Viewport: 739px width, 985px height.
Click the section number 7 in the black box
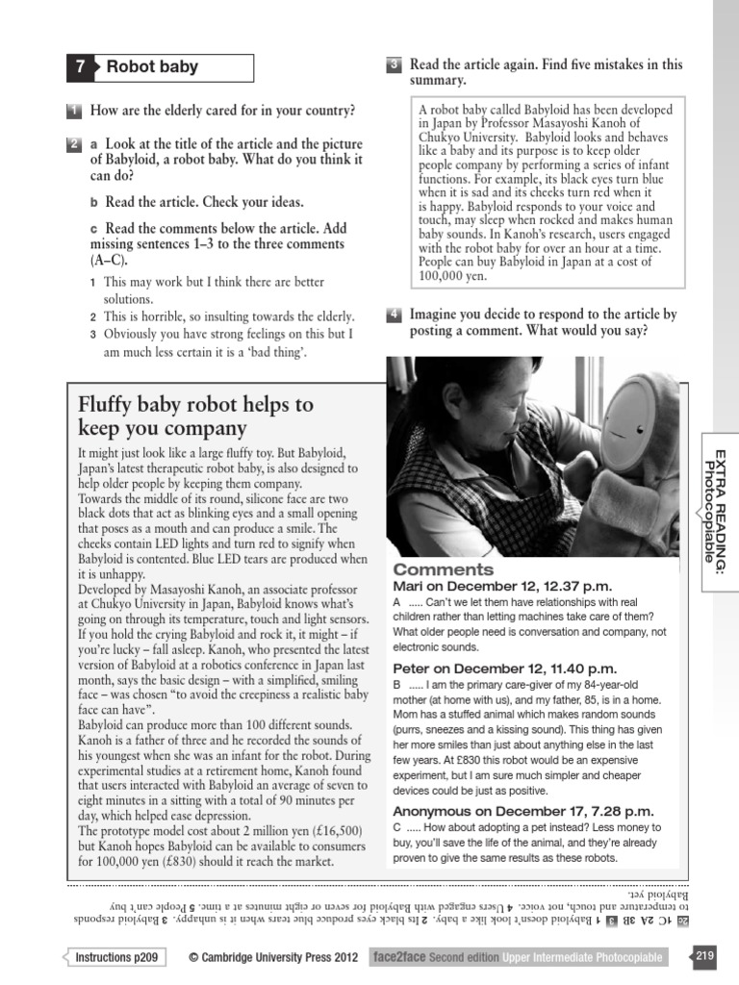[81, 67]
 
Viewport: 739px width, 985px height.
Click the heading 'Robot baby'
[152, 67]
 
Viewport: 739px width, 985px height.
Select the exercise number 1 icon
[74, 111]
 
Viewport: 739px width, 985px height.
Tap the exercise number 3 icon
[394, 65]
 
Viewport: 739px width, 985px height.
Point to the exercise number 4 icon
[394, 315]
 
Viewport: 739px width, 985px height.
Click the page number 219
[703, 956]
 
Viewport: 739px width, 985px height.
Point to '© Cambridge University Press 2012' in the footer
[273, 957]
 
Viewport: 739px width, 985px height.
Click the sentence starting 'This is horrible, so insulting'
[229, 316]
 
